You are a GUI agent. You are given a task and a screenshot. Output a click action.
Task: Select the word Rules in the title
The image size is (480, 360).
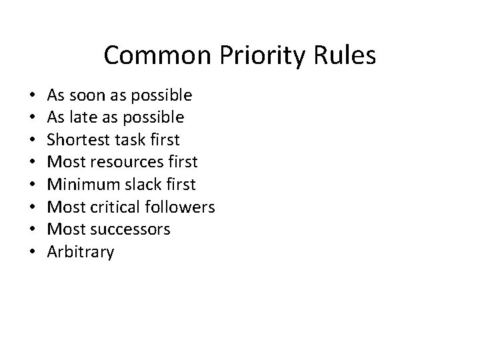click(347, 56)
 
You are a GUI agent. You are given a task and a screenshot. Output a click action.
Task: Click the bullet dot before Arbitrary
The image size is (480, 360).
click(33, 253)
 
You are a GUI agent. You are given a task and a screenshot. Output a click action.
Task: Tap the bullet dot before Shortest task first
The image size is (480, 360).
click(33, 141)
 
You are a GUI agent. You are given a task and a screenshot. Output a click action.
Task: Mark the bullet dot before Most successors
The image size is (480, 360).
click(33, 230)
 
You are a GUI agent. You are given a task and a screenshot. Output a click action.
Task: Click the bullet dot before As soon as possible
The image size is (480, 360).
click(33, 96)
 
